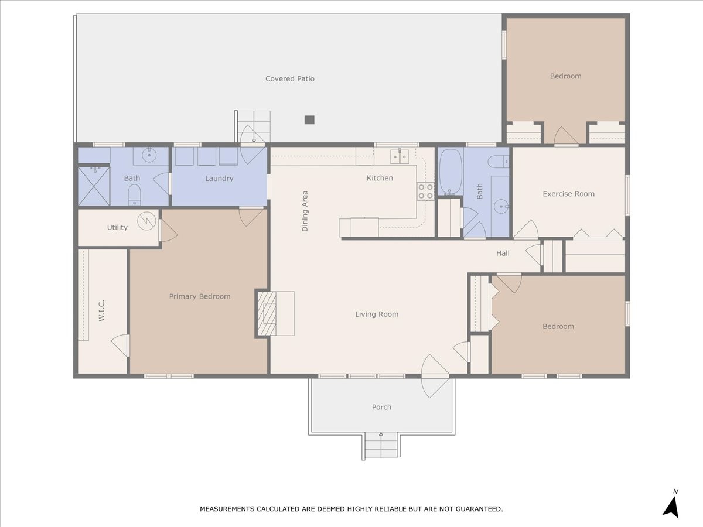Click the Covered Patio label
[290, 78]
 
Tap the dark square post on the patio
[309, 119]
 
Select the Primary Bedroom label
[200, 297]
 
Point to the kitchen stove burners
[425, 191]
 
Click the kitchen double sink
[400, 157]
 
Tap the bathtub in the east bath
[451, 172]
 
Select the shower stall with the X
[94, 186]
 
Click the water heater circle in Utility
[146, 221]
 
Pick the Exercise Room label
[568, 194]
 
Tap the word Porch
[381, 408]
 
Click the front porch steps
[381, 445]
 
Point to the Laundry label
[219, 179]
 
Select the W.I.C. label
[101, 310]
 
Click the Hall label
[503, 254]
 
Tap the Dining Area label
[305, 211]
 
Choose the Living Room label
[377, 314]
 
